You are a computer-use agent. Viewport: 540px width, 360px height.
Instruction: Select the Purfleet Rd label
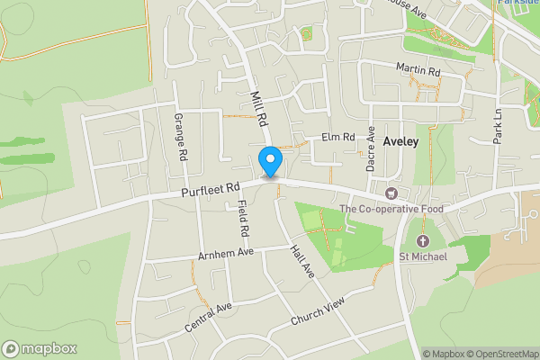click(x=211, y=189)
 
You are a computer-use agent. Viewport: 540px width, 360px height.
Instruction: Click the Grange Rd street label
click(x=180, y=137)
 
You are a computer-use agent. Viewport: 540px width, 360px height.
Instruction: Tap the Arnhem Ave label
click(x=226, y=252)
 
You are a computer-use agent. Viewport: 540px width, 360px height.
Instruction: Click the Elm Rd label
click(x=338, y=138)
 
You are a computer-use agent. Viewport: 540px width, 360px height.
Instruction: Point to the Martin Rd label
click(x=417, y=69)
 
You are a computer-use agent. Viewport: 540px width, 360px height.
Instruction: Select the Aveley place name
click(x=400, y=141)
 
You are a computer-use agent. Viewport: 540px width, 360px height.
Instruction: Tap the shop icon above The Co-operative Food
click(x=391, y=193)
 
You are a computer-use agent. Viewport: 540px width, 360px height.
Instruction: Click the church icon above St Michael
click(x=423, y=241)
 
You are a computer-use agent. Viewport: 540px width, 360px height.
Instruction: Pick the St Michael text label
click(x=423, y=258)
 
